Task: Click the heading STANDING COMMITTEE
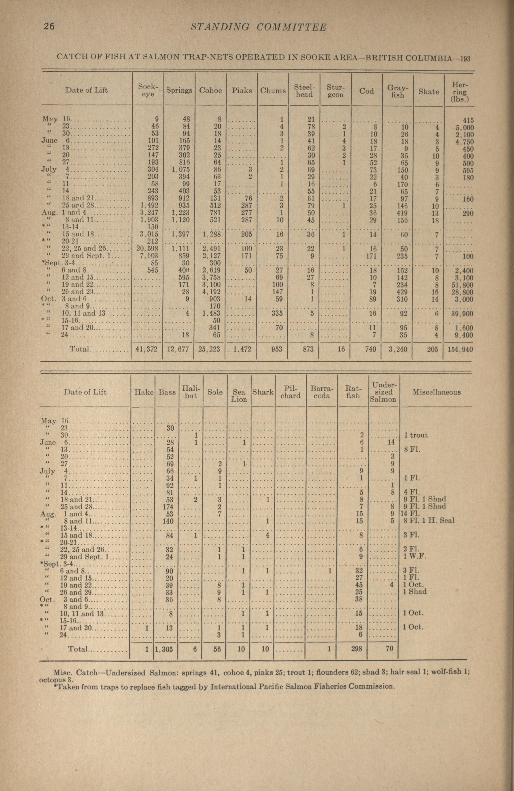[259, 27]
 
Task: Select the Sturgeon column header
[335, 91]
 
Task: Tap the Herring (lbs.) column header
[459, 91]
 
